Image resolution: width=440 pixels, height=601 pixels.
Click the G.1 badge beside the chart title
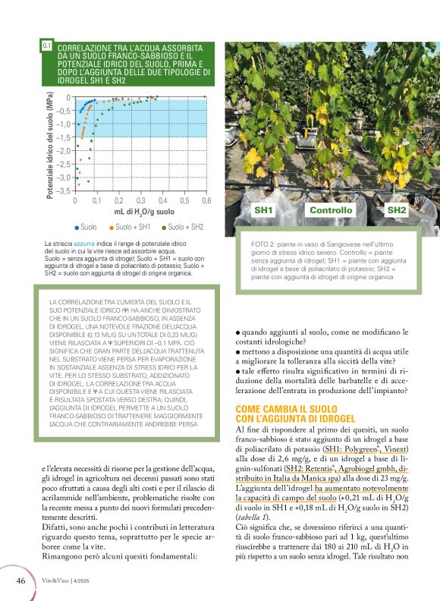[46, 46]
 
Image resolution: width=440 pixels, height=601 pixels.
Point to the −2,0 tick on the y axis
[64, 150]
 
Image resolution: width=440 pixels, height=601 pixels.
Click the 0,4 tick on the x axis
[163, 200]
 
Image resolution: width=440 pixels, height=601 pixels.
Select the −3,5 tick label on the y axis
[64, 190]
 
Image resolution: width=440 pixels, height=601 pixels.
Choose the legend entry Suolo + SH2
[184, 227]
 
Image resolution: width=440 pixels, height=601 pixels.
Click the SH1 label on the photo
[264, 210]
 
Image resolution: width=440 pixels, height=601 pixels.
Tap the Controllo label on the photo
[331, 210]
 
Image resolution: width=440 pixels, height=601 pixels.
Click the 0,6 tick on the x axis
[206, 200]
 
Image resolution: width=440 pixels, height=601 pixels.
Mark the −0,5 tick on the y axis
[64, 111]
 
